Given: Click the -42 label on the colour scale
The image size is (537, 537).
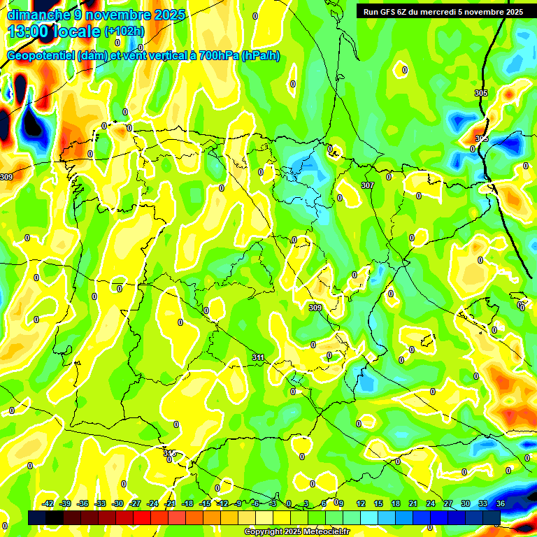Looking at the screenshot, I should pyautogui.click(x=48, y=503).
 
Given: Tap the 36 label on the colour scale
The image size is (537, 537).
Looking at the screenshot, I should pyautogui.click(x=501, y=503).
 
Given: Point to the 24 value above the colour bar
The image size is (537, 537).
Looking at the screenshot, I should pyautogui.click(x=431, y=503).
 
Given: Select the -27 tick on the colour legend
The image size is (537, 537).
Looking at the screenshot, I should pyautogui.click(x=136, y=503).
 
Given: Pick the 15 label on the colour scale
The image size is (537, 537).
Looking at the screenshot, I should pyautogui.click(x=378, y=503).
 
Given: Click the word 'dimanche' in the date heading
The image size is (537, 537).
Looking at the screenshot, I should pyautogui.click(x=38, y=15).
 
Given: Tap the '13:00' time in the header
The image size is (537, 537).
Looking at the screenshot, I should pyautogui.click(x=27, y=31).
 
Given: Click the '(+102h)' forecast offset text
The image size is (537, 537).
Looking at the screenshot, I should pyautogui.click(x=124, y=31).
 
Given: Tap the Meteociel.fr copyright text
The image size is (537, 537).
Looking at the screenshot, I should pyautogui.click(x=296, y=532).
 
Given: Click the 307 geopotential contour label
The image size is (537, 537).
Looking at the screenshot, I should pyautogui.click(x=368, y=185).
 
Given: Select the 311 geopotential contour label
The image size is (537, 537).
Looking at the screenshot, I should pyautogui.click(x=258, y=357).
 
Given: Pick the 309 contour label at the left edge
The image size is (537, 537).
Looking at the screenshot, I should pyautogui.click(x=6, y=177).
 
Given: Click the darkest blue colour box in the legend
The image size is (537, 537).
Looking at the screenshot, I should pyautogui.click(x=492, y=517).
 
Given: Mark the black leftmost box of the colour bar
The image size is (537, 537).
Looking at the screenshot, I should pyautogui.click(x=37, y=517).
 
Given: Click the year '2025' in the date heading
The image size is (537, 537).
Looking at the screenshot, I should pyautogui.click(x=170, y=15).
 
